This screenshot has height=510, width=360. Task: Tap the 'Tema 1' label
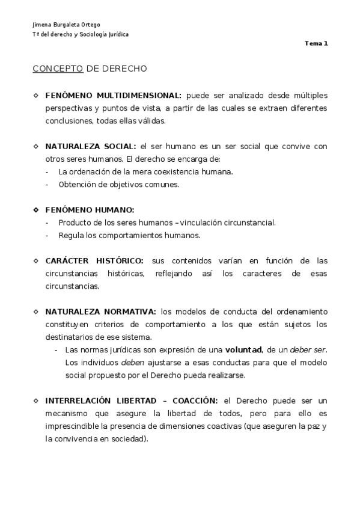pos(317,43)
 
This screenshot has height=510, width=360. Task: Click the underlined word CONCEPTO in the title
pos(58,69)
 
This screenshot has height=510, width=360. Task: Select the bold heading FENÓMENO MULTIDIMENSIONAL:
pos(113,95)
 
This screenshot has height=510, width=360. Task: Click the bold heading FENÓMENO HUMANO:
pos(90,210)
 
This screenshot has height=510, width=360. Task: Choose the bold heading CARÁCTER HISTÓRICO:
pos(94,260)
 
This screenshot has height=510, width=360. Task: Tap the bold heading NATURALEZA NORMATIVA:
pos(100,311)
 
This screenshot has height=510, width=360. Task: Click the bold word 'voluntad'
pos(243,349)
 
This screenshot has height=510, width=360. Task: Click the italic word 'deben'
pos(133,363)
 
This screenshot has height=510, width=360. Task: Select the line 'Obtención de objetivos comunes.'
pos(111,185)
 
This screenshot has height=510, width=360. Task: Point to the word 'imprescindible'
pos(70,426)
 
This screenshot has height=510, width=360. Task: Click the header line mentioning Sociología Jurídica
pos(81,34)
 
